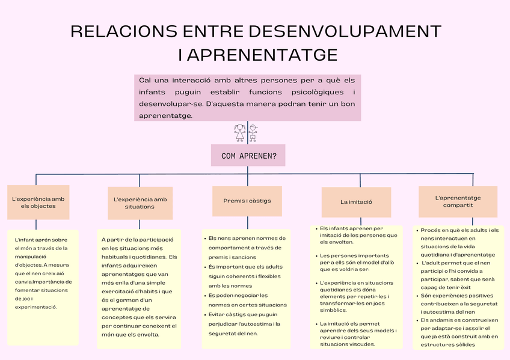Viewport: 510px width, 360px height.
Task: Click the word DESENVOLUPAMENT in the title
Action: (x=344, y=31)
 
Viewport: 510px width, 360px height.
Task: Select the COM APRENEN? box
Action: (x=248, y=156)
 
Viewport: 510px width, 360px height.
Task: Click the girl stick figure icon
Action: (x=240, y=132)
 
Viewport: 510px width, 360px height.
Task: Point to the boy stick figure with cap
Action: (x=253, y=132)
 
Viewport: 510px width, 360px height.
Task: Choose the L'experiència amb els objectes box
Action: (x=38, y=202)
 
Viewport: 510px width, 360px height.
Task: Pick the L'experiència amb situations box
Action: (x=140, y=203)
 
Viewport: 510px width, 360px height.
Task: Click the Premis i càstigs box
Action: (x=247, y=201)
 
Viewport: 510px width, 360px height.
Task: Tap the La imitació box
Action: (x=356, y=202)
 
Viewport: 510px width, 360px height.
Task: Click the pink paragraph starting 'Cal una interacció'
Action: (x=247, y=98)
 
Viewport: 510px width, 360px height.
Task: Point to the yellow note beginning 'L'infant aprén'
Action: (x=43, y=287)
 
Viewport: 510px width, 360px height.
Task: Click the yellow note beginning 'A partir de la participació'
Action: (x=140, y=288)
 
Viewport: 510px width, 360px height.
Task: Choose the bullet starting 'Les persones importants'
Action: (x=358, y=263)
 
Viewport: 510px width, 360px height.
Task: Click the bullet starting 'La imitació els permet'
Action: (x=358, y=334)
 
